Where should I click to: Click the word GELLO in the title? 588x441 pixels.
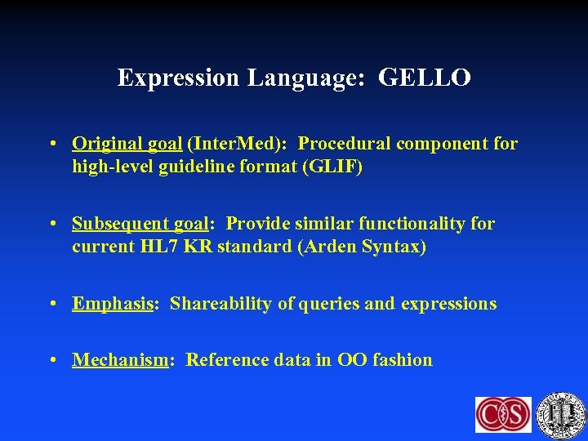425,78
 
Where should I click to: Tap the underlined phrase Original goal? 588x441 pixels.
127,144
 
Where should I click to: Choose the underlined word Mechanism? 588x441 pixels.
120,360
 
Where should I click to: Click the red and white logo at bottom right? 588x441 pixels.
503,415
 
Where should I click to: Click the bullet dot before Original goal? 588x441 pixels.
52,145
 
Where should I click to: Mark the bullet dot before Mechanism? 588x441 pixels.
52,361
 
